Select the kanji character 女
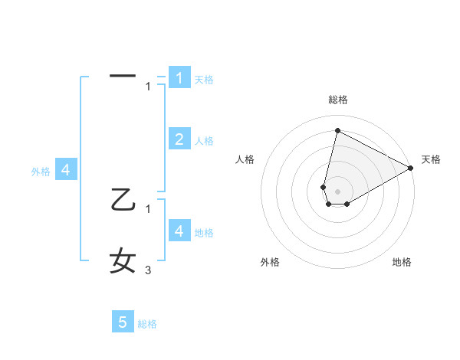pos(123,260)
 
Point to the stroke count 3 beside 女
pos(148,270)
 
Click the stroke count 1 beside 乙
pos(148,207)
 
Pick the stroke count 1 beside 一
pos(148,87)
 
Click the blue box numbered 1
pos(179,77)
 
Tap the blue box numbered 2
pos(179,139)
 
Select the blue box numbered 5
pos(123,322)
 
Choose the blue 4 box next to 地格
pos(179,231)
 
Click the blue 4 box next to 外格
pos(66,169)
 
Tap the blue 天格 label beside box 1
pos(204,80)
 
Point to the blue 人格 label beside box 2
pos(204,141)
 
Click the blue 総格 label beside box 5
pos(147,324)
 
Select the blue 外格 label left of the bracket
pos(41,172)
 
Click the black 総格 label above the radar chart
pos(337,100)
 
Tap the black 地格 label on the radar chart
pos(402,262)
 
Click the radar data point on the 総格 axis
pos(337,130)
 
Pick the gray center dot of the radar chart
pos(337,191)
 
